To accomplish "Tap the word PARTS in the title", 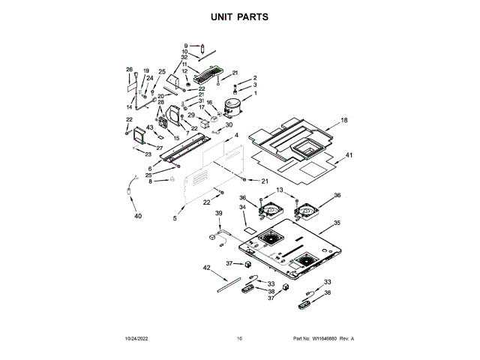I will pyautogui.click(x=253, y=16).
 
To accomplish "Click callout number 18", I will pyautogui.click(x=344, y=120).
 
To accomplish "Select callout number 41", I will pyautogui.click(x=349, y=155).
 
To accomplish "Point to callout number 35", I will pyautogui.click(x=337, y=223).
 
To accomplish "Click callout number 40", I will pyautogui.click(x=137, y=216).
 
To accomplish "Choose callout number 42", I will pyautogui.click(x=207, y=267).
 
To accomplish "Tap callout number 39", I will pyautogui.click(x=218, y=214).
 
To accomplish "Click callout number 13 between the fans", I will pyautogui.click(x=280, y=191).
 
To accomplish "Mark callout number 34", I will pyautogui.click(x=242, y=207).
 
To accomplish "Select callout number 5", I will pyautogui.click(x=175, y=218).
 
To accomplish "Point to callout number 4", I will pyautogui.click(x=235, y=135).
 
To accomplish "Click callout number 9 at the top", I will pyautogui.click(x=185, y=46).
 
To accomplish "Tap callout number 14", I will pyautogui.click(x=128, y=106).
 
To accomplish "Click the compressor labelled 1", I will pyautogui.click(x=231, y=109).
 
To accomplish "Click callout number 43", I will pyautogui.click(x=149, y=127).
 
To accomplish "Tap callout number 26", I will pyautogui.click(x=128, y=70).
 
